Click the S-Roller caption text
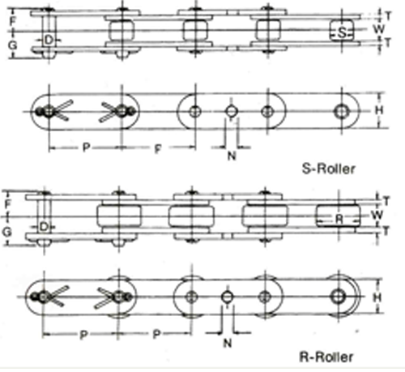(x=328, y=169)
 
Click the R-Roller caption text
(x=326, y=357)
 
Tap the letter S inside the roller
(x=342, y=33)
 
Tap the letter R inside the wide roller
(x=339, y=219)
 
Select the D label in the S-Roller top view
(x=49, y=41)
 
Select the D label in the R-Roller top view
(x=44, y=227)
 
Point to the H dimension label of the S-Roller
(x=379, y=110)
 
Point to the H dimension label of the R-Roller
(x=377, y=297)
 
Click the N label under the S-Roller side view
(x=232, y=156)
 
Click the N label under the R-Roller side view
(x=228, y=343)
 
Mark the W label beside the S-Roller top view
(x=378, y=28)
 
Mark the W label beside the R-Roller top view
(x=377, y=215)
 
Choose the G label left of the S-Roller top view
(x=12, y=45)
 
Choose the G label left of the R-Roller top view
(x=7, y=232)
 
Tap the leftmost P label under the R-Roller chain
(x=84, y=335)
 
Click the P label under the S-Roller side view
(x=86, y=148)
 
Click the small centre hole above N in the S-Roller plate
(x=231, y=111)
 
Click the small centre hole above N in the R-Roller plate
(x=228, y=297)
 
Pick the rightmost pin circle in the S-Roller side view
(x=342, y=111)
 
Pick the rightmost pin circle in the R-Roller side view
(x=338, y=297)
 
